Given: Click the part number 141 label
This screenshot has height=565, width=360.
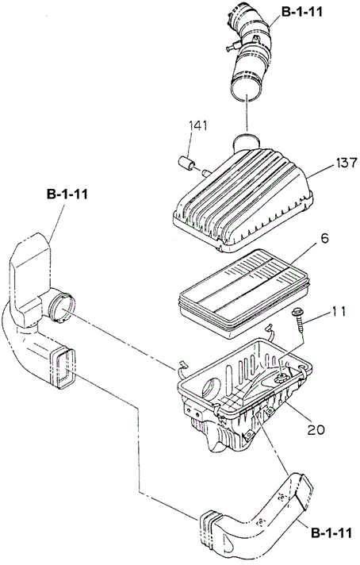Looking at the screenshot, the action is tap(198, 125).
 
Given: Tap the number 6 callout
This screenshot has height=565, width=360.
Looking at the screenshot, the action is tap(325, 239).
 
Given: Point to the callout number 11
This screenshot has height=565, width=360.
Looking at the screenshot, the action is tap(338, 311).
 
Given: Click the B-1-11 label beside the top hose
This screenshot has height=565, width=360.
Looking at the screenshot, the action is tap(301, 12).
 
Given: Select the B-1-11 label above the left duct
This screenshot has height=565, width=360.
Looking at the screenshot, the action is tap(67, 194).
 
